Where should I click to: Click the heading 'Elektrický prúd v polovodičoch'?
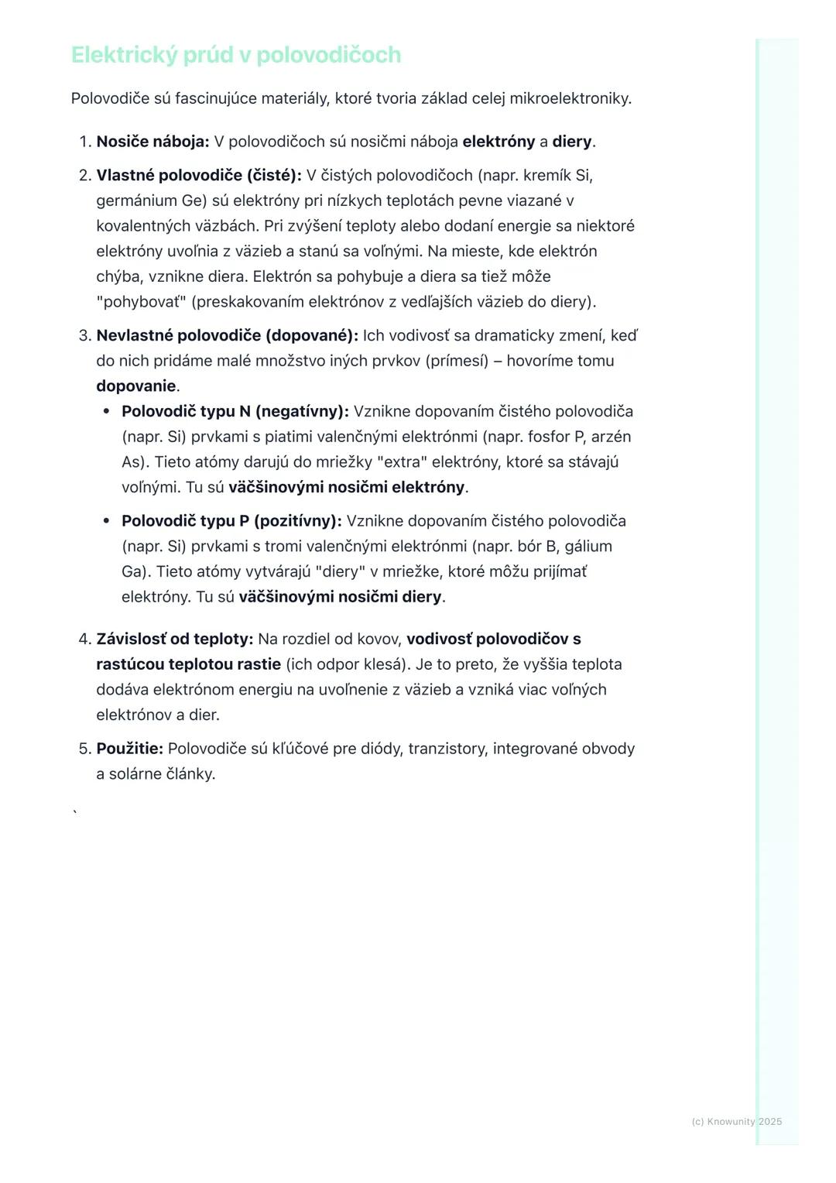(236, 55)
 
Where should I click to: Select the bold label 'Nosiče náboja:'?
(152, 142)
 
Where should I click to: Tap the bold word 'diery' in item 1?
(571, 142)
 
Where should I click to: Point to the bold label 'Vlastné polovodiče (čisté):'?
(199, 176)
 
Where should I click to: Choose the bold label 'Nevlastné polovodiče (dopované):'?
(227, 335)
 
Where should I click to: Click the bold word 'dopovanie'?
(136, 386)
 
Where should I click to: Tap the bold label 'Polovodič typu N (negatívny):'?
(235, 411)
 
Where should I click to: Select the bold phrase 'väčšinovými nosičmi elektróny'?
(346, 487)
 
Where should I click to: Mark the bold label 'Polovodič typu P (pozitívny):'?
(231, 520)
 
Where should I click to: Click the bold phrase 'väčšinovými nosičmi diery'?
(340, 597)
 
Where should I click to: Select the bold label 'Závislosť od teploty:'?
(175, 639)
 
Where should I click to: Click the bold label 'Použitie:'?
(129, 749)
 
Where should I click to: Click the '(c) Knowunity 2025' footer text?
(736, 1121)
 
